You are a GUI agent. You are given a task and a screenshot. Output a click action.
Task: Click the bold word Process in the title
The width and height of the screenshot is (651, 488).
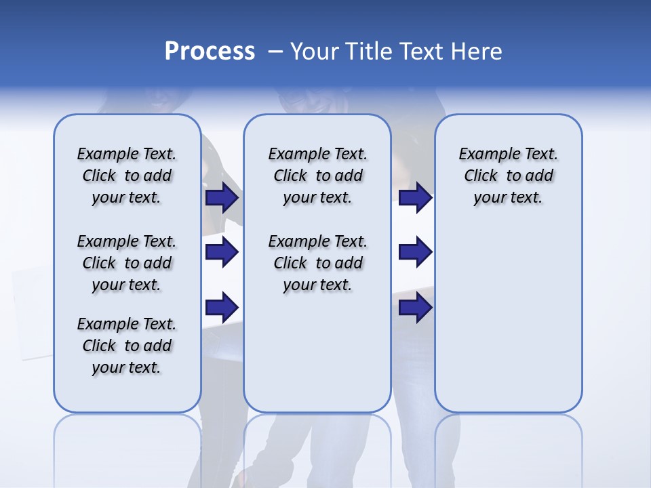(x=210, y=52)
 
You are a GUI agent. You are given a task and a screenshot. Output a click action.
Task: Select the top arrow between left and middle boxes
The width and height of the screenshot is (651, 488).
(x=222, y=197)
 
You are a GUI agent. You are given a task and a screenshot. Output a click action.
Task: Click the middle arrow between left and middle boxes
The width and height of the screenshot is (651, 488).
(x=222, y=252)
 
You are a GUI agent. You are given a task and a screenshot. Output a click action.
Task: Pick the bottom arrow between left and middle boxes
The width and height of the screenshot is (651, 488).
(x=222, y=307)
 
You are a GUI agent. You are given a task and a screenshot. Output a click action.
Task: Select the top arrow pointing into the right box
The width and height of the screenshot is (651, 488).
(x=415, y=197)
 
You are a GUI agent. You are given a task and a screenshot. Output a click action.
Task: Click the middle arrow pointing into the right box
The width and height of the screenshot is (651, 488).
(x=415, y=252)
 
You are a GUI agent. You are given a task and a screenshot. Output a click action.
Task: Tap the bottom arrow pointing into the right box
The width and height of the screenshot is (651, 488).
(x=415, y=307)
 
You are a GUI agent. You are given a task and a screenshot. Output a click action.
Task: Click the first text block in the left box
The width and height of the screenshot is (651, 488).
(x=127, y=176)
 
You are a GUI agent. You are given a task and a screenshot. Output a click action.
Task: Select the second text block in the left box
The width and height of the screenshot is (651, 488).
(x=127, y=263)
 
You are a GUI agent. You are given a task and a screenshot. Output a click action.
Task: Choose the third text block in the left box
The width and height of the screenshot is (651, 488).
(x=127, y=346)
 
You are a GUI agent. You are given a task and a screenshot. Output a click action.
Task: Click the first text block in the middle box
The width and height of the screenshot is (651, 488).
(x=317, y=176)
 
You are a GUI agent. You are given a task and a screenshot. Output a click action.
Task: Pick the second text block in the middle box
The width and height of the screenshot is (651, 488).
(x=317, y=263)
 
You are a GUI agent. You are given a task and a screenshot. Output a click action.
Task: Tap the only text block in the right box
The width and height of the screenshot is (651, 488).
(x=508, y=176)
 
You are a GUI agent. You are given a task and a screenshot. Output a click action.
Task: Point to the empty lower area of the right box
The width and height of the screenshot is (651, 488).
(x=508, y=319)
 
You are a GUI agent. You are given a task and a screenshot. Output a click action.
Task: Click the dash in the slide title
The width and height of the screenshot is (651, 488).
(x=275, y=52)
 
